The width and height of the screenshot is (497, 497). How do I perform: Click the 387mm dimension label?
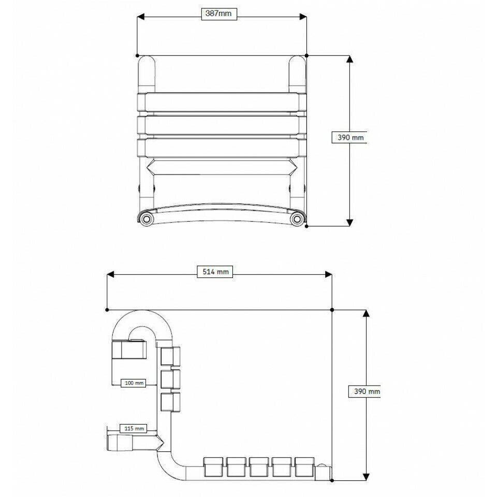(218, 14)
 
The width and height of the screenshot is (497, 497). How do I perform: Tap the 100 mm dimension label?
(133, 383)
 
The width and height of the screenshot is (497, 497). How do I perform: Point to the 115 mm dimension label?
(133, 428)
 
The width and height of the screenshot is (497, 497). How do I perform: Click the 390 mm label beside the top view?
(350, 137)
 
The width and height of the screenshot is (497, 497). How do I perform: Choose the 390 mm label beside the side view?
(366, 391)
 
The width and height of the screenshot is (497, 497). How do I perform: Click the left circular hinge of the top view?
(147, 220)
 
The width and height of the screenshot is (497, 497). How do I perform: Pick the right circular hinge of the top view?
(296, 220)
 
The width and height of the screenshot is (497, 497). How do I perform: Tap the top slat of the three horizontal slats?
(220, 102)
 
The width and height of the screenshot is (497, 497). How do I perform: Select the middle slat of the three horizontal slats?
(220, 125)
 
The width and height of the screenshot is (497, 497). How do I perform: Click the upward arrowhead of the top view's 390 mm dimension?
(349, 59)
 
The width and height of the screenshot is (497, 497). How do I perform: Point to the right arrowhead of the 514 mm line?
(328, 275)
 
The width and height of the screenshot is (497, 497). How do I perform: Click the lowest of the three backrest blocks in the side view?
(170, 402)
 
